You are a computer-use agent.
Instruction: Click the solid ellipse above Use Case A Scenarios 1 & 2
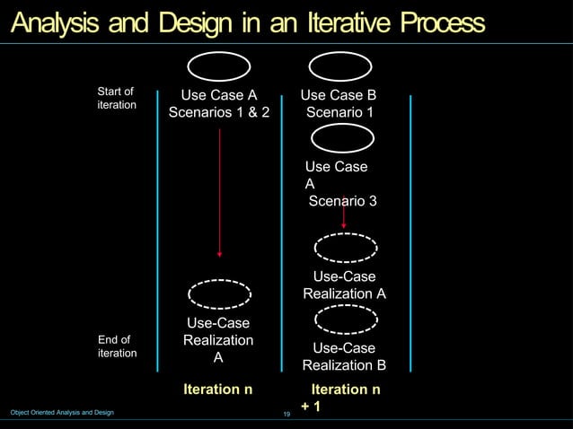[x=219, y=66]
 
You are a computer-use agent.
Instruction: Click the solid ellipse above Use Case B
[x=342, y=66]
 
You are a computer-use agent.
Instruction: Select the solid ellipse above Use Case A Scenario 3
[x=342, y=139]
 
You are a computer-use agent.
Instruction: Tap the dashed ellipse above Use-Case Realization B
[x=345, y=318]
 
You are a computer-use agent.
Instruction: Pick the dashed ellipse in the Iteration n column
[x=219, y=293]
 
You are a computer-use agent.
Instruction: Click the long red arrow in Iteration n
[x=219, y=193]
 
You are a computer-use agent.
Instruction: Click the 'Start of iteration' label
[x=116, y=99]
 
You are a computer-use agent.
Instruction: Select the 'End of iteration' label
[x=117, y=346]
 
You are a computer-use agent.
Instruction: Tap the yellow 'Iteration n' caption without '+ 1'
[x=217, y=390]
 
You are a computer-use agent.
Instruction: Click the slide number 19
[x=286, y=414]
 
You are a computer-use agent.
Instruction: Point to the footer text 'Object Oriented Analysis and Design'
[x=62, y=412]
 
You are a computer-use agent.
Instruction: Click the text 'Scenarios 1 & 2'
[x=219, y=114]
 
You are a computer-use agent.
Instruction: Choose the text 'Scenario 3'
[x=342, y=201]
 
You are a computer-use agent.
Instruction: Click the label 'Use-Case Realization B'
[x=344, y=356]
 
